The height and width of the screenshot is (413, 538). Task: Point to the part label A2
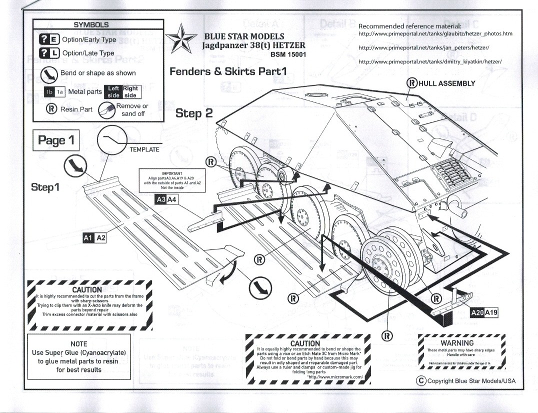tap(100, 238)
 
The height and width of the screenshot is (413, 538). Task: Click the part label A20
tap(478, 313)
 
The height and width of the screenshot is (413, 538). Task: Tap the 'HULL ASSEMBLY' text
tap(446, 83)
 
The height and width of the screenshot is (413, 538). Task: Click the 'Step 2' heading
tap(194, 113)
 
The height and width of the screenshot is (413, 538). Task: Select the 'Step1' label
tap(45, 186)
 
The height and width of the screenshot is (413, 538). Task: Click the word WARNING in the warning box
tap(457, 343)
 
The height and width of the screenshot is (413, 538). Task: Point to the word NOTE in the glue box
tap(78, 343)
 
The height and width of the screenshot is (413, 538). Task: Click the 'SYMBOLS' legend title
tap(91, 24)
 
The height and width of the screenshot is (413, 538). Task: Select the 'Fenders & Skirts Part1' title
tap(228, 71)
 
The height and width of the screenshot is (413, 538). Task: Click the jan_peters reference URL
tap(423, 47)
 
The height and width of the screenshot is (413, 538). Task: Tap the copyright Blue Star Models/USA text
tap(465, 381)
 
